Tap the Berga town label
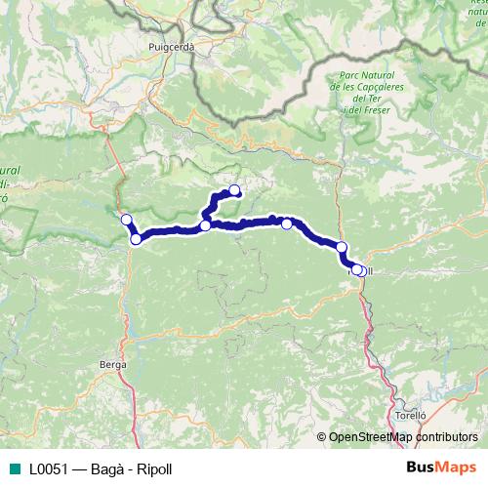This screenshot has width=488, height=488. pyautogui.click(x=113, y=364)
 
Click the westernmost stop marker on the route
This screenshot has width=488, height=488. pyautogui.click(x=126, y=219)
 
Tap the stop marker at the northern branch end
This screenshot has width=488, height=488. pyautogui.click(x=234, y=190)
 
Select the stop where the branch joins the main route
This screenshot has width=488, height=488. pyautogui.click(x=206, y=225)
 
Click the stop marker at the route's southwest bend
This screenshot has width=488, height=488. pyautogui.click(x=137, y=238)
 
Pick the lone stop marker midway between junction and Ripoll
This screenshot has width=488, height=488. pyautogui.click(x=287, y=224)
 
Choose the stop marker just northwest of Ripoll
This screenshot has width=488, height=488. pyautogui.click(x=342, y=247)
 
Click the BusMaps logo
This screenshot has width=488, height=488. pyautogui.click(x=441, y=468)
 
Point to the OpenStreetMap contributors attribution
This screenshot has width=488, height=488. pyautogui.click(x=403, y=437)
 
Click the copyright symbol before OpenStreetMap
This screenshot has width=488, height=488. pyautogui.click(x=321, y=437)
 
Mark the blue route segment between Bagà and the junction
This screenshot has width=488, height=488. pyautogui.click(x=171, y=231)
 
